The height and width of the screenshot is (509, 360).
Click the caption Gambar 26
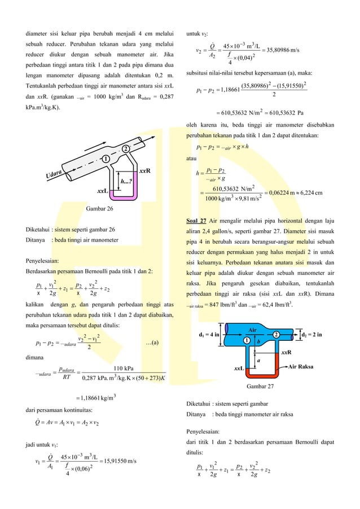(99, 209)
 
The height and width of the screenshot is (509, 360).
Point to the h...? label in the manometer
(126, 181)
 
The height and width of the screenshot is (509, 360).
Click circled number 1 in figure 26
(106, 159)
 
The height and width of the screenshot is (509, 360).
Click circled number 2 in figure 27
(276, 334)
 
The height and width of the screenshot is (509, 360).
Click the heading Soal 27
(195, 220)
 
